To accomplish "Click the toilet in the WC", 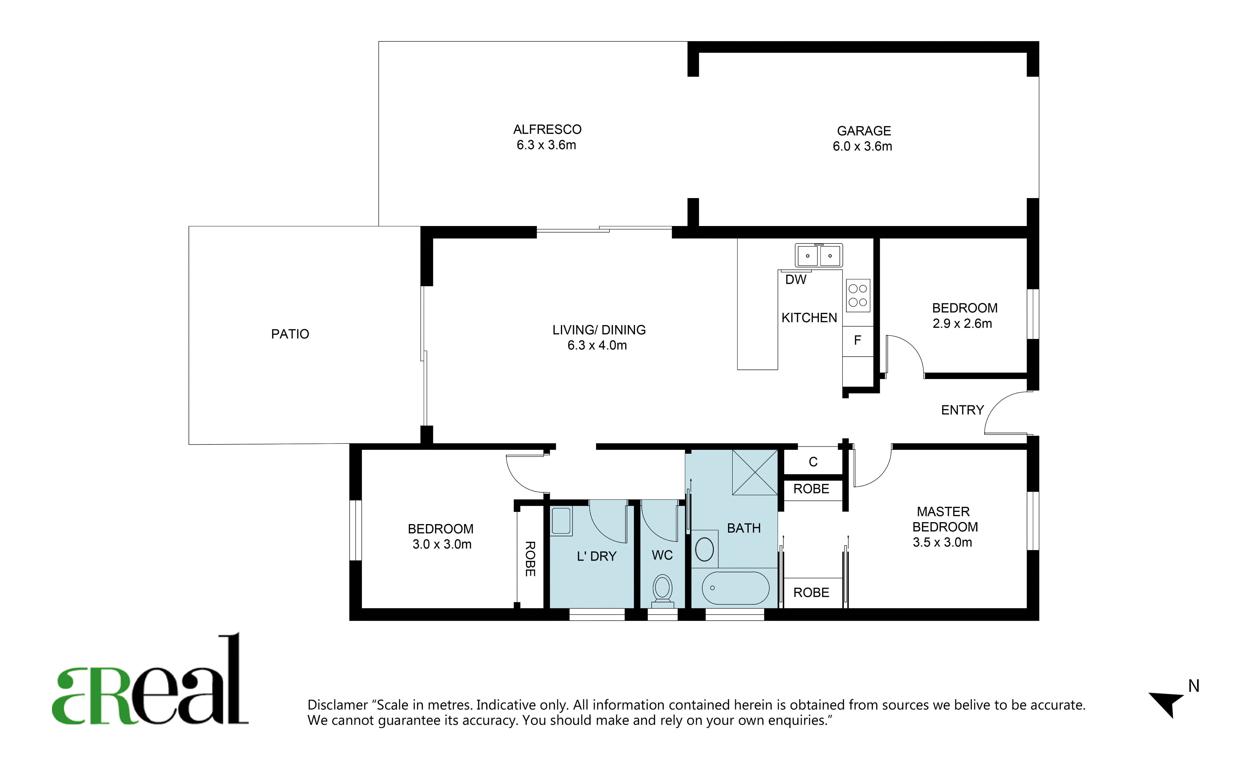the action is [x=662, y=590].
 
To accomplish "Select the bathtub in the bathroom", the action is [x=736, y=588].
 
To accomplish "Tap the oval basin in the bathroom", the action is [x=704, y=549].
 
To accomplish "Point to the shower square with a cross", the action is [x=755, y=472].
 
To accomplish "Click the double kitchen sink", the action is [x=818, y=255].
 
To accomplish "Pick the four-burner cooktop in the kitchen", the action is [x=858, y=295].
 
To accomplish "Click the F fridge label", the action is [x=858, y=340].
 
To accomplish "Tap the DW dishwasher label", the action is [x=796, y=279].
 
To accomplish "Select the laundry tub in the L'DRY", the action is [x=562, y=521].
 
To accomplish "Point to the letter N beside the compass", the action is [x=1194, y=686].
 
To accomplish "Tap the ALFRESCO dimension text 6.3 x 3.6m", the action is [x=546, y=145].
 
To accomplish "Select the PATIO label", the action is [x=290, y=334].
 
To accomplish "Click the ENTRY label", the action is [x=963, y=410].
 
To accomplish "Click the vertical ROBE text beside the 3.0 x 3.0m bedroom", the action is [x=530, y=559].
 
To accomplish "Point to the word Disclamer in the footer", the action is [x=338, y=705].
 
